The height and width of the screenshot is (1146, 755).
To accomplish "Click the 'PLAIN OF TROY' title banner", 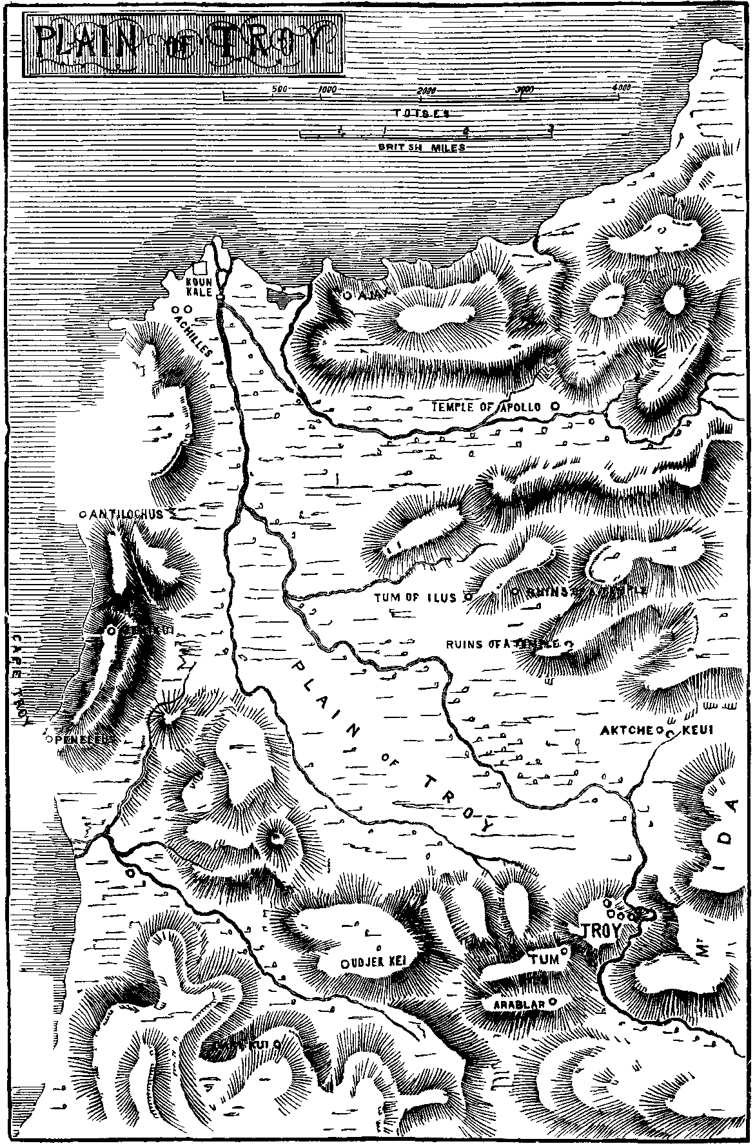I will coord(182,44).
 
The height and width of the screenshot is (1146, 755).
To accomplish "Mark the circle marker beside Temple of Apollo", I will coord(554,407).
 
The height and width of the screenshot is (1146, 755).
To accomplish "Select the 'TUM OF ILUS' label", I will coord(416,597).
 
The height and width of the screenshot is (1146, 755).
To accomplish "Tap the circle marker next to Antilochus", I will coord(82,514).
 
